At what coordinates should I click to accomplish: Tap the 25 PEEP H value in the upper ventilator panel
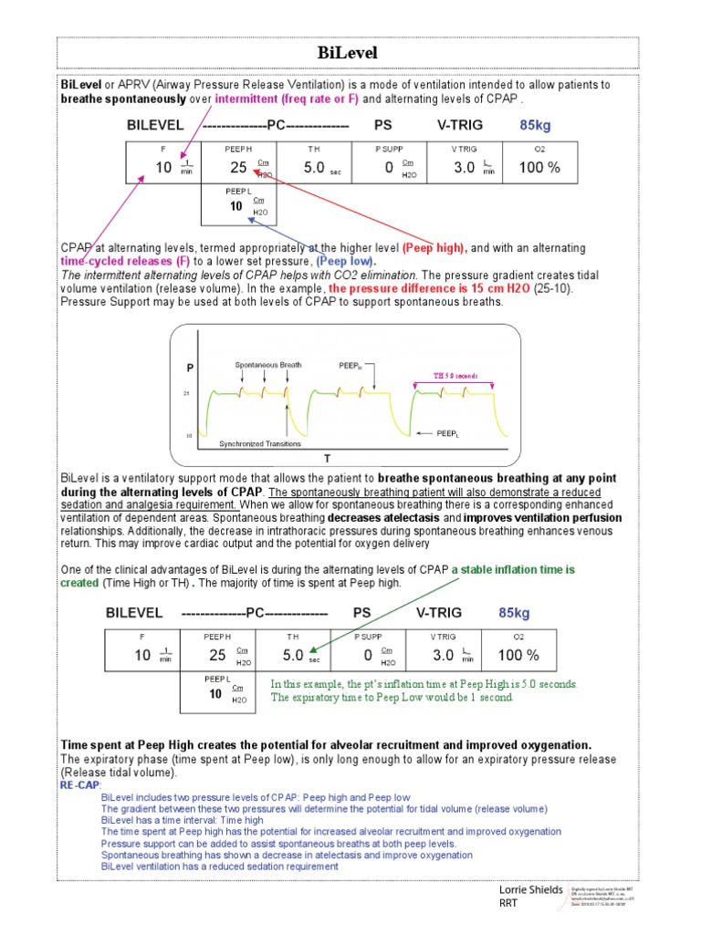(238, 167)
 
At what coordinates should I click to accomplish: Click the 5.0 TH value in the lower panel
(293, 655)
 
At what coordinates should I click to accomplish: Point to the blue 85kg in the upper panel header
(536, 124)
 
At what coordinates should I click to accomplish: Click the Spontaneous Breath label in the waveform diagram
(268, 365)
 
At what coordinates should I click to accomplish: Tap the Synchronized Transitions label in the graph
(260, 444)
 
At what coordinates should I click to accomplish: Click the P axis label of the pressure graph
(190, 368)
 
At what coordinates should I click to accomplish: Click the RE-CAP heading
(81, 784)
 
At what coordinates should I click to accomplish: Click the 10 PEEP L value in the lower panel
(215, 694)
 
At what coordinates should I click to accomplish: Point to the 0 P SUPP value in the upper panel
(389, 167)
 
